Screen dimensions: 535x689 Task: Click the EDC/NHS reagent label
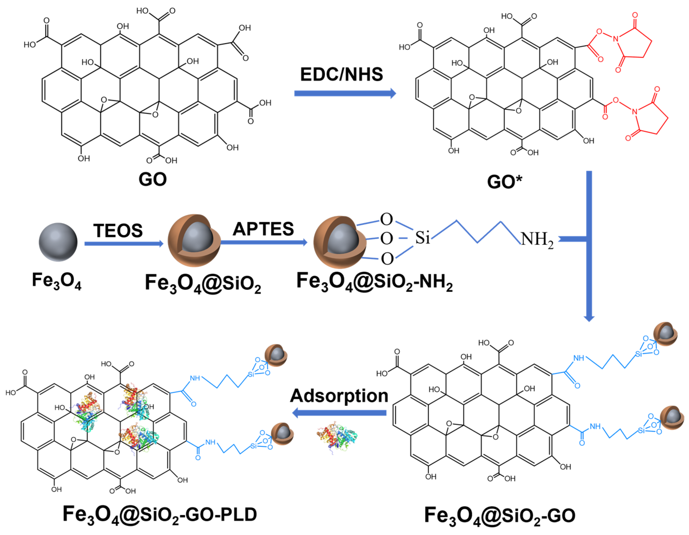point(341,75)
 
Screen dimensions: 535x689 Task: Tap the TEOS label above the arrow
point(118,230)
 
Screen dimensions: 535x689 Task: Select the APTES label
point(263,229)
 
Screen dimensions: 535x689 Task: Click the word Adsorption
point(339,396)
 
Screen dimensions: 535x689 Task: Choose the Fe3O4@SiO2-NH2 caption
point(374,282)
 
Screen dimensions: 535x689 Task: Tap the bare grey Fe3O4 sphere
point(58,242)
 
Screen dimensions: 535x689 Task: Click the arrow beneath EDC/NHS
point(345,94)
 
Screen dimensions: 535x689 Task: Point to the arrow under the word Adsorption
point(339,413)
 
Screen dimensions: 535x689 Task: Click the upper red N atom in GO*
point(615,39)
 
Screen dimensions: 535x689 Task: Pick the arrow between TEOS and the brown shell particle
point(124,244)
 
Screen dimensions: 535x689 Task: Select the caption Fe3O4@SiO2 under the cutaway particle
point(203,283)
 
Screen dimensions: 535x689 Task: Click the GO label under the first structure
point(152,179)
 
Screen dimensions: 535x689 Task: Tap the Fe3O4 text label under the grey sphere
point(57,281)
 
